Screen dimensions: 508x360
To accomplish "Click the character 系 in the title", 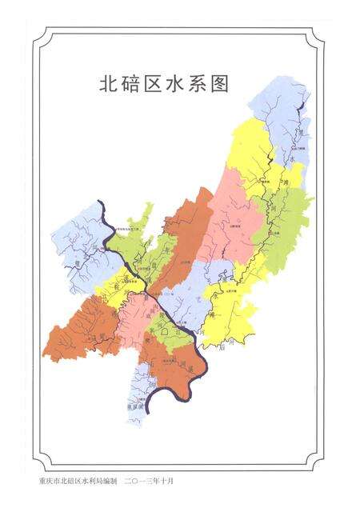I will click(204, 84).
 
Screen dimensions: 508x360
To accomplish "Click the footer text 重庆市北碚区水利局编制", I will click(78, 482).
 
